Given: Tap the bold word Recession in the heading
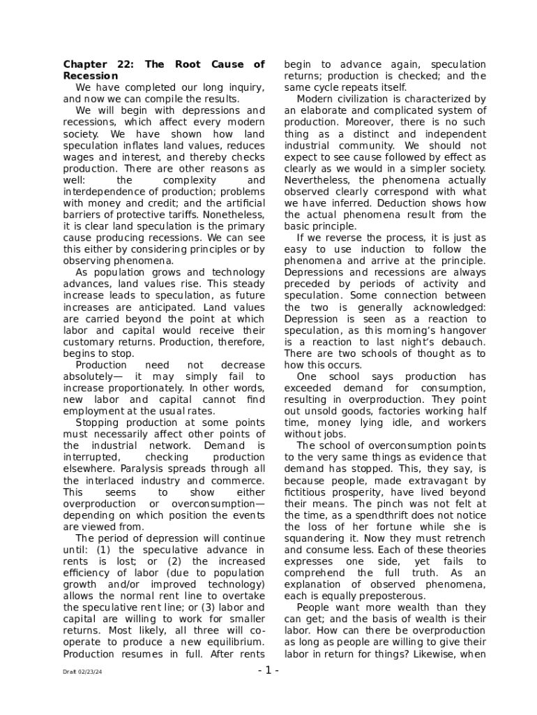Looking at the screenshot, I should click(x=91, y=76).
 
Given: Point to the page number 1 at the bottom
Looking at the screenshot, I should click(x=268, y=671).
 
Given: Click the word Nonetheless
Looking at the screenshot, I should click(x=234, y=214).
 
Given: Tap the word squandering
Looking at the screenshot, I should click(x=315, y=538).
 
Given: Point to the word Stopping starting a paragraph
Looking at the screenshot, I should click(x=97, y=422).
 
